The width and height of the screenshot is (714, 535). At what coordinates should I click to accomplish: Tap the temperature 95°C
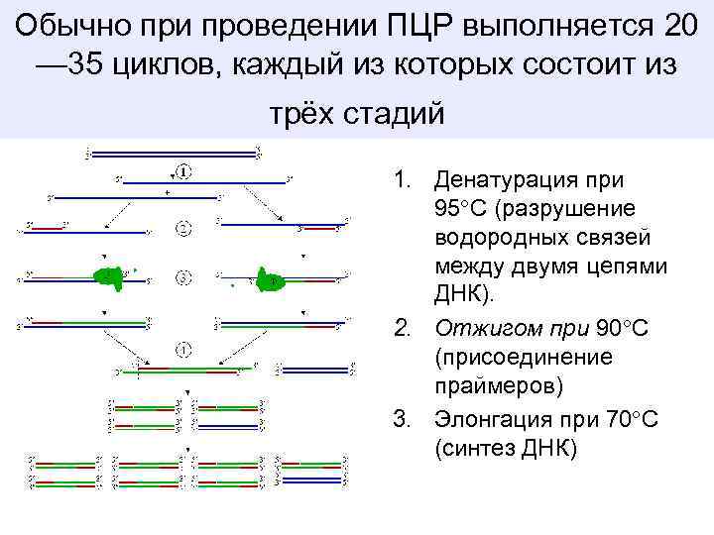[462, 210]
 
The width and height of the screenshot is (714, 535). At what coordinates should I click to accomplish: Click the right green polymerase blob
[269, 279]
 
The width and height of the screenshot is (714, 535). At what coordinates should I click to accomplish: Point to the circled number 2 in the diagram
[183, 230]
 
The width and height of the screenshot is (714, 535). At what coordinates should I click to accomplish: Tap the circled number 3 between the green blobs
[183, 278]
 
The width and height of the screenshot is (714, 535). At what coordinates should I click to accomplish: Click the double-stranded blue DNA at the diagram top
[173, 154]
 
